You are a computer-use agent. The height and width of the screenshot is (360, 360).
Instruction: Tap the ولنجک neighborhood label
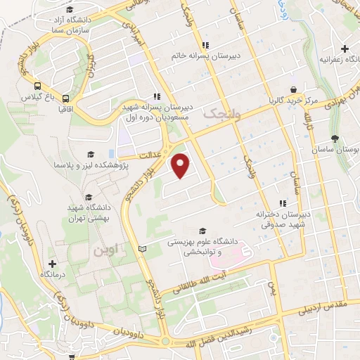(x=221, y=112)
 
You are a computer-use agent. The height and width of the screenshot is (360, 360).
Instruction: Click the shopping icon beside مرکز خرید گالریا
(x=301, y=91)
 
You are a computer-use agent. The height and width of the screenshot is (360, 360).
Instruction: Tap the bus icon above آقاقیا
(x=65, y=99)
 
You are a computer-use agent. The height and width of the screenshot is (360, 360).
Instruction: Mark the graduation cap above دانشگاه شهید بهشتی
(x=89, y=198)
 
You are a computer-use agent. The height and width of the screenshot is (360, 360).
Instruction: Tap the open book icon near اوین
(x=144, y=249)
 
